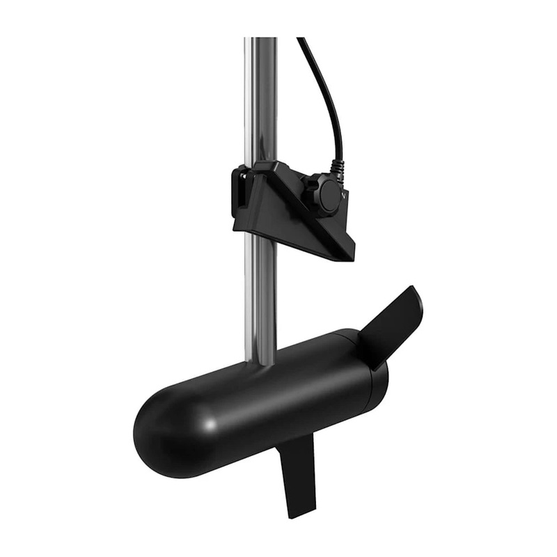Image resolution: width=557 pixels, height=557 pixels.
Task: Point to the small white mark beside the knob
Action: click(x=346, y=197)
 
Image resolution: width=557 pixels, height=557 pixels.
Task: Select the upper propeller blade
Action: click(x=393, y=324)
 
